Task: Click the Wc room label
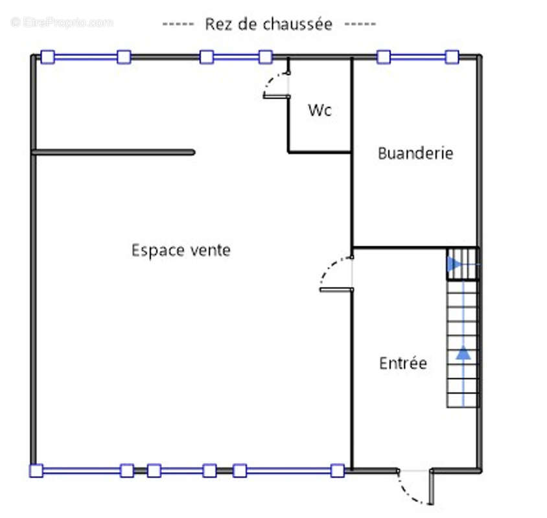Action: point(320,110)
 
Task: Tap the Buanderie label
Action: point(415,153)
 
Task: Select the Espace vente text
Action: point(181,250)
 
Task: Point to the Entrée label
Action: point(402,363)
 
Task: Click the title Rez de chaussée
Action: point(268,25)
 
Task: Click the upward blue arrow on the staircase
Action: point(463,353)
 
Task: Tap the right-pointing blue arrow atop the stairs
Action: point(454,265)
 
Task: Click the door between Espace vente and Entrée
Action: point(335,275)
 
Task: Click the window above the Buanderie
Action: point(417,57)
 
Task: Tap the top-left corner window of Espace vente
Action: point(85,57)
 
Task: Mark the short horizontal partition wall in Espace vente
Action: point(113,152)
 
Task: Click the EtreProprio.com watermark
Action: point(62,23)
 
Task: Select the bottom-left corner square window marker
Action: point(36,471)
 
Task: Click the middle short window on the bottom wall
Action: point(181,471)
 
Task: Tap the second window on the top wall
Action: point(235,57)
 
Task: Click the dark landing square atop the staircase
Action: point(463,264)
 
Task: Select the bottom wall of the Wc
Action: point(320,152)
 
